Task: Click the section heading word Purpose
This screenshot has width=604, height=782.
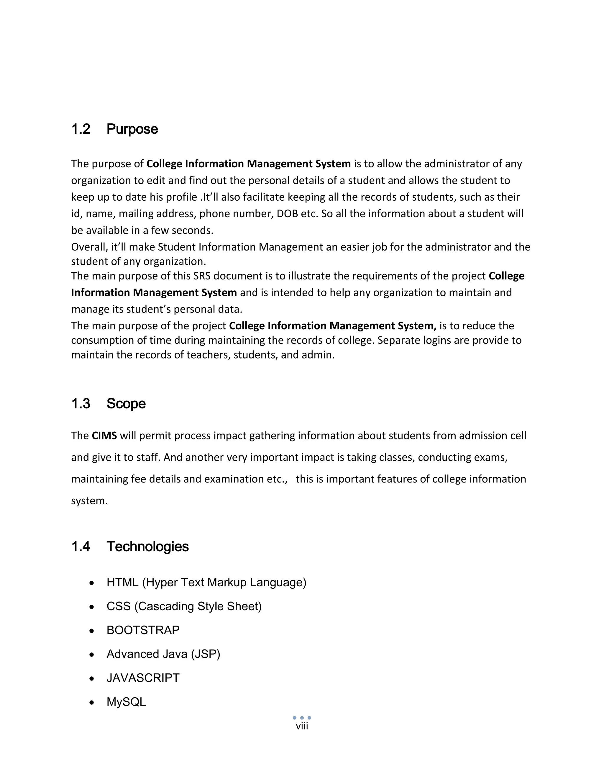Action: [x=132, y=129]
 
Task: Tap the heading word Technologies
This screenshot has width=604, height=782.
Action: [x=147, y=547]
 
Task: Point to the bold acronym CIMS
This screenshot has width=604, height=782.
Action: [x=104, y=436]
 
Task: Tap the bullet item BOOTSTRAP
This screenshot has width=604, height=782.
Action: [x=143, y=630]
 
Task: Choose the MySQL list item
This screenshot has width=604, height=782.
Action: [x=126, y=702]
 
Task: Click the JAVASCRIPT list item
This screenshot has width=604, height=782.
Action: [x=143, y=678]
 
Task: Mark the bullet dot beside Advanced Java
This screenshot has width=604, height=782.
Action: [x=92, y=655]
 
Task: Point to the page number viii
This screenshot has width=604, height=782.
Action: [x=302, y=726]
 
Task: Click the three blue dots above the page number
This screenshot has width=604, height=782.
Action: [x=302, y=718]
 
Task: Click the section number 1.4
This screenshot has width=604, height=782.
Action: [x=81, y=547]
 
